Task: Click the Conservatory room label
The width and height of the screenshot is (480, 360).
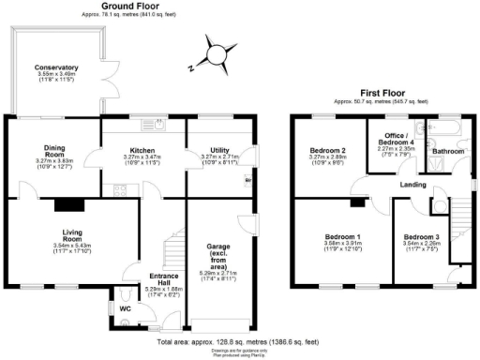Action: pos(56,68)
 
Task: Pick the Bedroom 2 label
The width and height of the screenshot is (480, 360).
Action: pos(329,150)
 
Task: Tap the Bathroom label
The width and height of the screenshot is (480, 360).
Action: pos(448,150)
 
